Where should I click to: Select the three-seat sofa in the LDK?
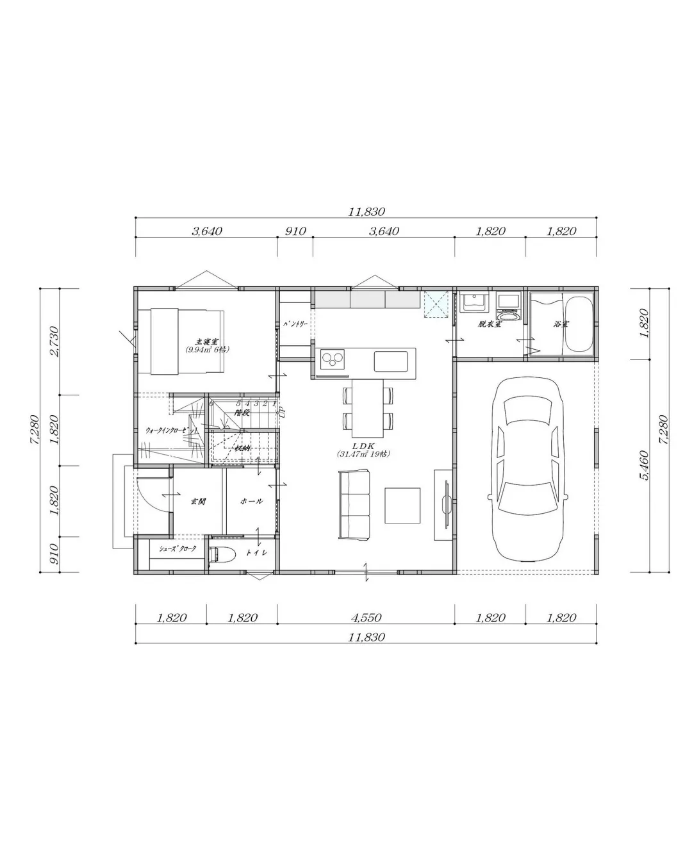point(354,504)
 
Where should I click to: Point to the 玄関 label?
point(197,502)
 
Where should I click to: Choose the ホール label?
point(251,502)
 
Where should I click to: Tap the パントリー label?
point(295,324)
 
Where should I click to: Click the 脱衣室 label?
point(489,324)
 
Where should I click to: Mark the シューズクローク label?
point(177,549)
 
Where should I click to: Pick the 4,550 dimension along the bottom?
point(366,618)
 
